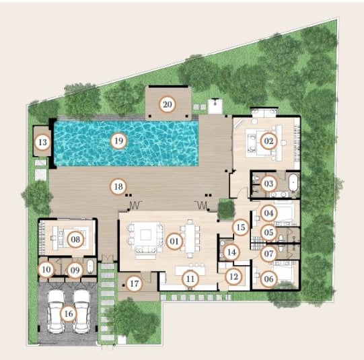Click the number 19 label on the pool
tap(118, 141)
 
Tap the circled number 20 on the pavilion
tap(167, 105)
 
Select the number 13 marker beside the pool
tap(42, 142)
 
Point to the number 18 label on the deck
tap(118, 186)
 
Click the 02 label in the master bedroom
tap(268, 141)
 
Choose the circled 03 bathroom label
tap(268, 184)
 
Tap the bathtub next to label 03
tap(293, 182)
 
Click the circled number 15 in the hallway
tap(241, 227)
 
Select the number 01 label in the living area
tap(174, 241)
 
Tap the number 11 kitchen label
tap(190, 279)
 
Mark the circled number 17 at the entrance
tap(134, 284)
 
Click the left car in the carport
tap(56, 312)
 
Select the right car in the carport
tap(81, 312)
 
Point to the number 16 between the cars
tap(69, 314)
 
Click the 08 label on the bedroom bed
tap(75, 240)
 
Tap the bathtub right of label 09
tap(90, 266)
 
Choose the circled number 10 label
tap(46, 269)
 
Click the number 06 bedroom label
tap(268, 279)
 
